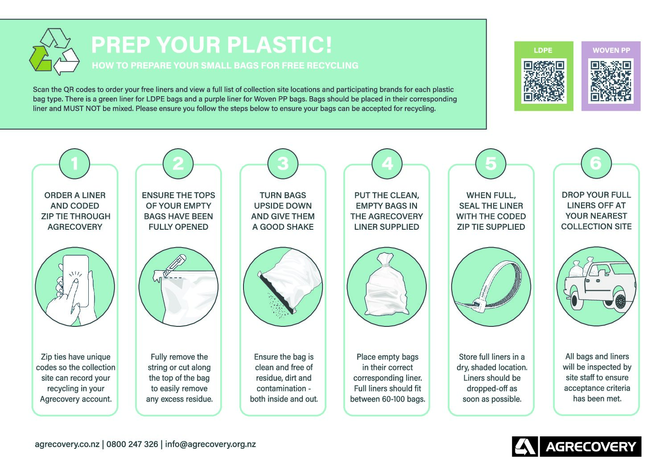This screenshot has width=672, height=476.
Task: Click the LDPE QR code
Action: (544, 81)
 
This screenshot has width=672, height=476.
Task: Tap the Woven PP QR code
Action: (611, 81)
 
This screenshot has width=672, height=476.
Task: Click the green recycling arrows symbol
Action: (54, 52)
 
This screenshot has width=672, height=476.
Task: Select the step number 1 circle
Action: (74, 163)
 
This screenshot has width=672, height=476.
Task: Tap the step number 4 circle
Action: (387, 163)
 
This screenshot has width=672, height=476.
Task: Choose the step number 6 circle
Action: (596, 163)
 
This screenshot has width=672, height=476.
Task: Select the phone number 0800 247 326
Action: (132, 444)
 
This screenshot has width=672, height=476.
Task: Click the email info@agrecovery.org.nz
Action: (210, 444)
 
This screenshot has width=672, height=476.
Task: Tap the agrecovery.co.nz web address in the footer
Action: (67, 444)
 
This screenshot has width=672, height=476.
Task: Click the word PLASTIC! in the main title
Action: (279, 45)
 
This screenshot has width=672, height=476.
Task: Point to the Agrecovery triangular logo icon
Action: (525, 446)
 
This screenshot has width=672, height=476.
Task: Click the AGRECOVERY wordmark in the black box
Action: (590, 447)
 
